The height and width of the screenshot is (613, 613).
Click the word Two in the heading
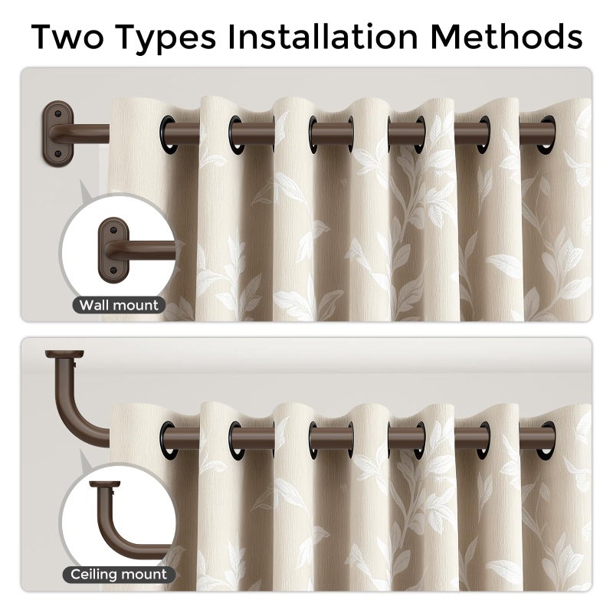click(x=67, y=36)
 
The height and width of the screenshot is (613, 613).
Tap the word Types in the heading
click(x=166, y=38)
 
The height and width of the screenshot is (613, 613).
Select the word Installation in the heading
click(x=323, y=36)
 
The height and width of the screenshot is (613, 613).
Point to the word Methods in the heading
click(x=506, y=36)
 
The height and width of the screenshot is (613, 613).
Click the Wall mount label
click(x=119, y=305)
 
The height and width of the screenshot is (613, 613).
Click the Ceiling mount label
click(x=119, y=574)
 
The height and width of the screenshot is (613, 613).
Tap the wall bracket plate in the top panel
click(x=58, y=133)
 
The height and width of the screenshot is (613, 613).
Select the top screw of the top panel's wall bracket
click(x=58, y=113)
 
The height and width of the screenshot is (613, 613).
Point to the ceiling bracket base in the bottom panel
click(x=64, y=354)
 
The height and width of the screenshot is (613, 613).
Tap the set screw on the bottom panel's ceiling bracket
click(x=74, y=365)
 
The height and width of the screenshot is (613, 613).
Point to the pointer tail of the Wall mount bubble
click(x=84, y=190)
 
